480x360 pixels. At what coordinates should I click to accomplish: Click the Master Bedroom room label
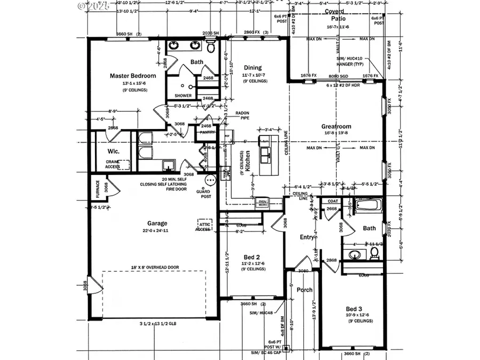(x=133, y=76)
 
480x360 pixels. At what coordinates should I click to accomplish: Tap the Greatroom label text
(x=335, y=126)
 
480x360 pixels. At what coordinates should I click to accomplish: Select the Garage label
(x=157, y=223)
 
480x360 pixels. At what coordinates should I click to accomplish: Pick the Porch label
(x=305, y=290)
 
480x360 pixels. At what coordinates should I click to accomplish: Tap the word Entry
(x=307, y=237)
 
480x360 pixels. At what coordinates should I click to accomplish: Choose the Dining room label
(x=253, y=68)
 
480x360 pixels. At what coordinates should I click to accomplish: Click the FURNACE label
(x=98, y=188)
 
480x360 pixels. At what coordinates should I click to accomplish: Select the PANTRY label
(x=207, y=132)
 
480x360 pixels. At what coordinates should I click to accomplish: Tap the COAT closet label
(x=333, y=201)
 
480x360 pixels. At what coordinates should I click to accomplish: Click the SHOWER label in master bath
(x=183, y=96)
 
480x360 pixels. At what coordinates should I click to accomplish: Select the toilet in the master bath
(x=211, y=48)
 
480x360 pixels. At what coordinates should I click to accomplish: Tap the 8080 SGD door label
(x=338, y=76)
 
